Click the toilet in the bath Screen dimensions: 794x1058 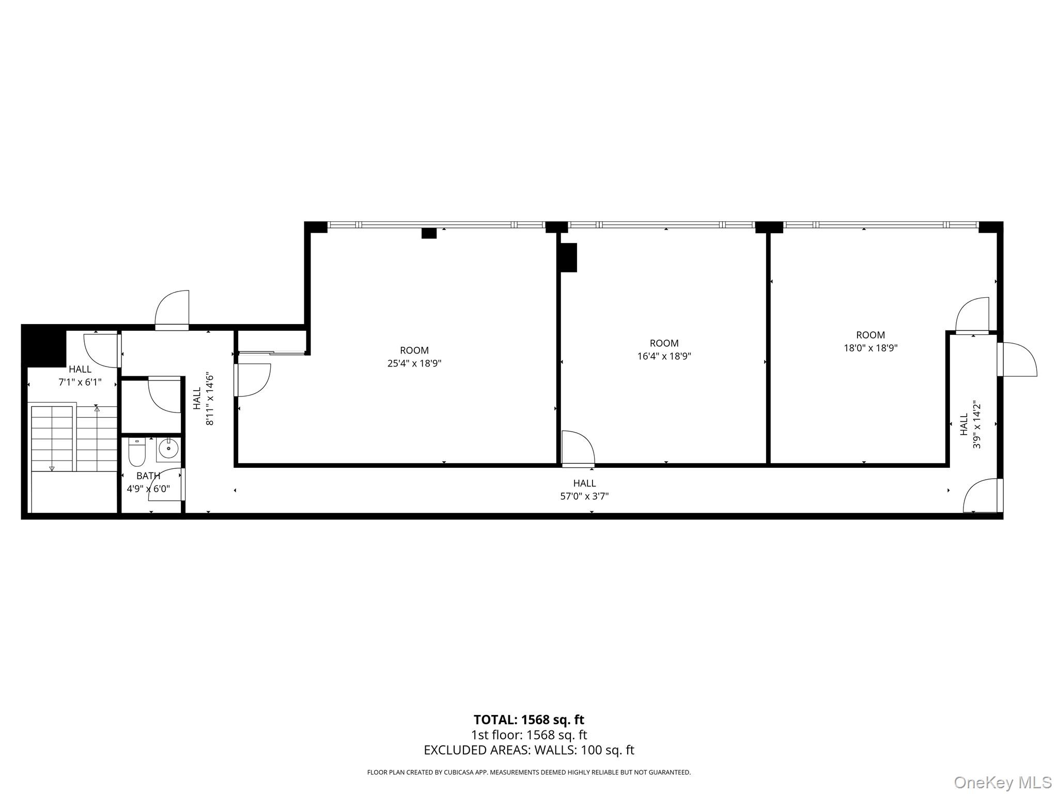point(137,453)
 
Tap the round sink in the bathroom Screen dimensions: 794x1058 point(168,449)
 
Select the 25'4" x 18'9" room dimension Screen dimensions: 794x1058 point(414,363)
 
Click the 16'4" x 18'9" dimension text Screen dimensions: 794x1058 point(664,356)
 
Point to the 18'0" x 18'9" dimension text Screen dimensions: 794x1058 point(870,348)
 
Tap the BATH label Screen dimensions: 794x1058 point(148,476)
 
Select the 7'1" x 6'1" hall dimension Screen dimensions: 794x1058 point(80,383)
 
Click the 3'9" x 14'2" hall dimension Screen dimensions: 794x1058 point(977,424)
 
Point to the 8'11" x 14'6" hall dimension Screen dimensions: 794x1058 point(210,399)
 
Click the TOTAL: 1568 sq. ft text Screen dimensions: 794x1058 point(528,720)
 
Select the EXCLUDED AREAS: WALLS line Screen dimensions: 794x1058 point(528,750)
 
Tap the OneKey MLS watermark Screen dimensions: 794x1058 point(1003,782)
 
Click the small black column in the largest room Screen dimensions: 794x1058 point(429,233)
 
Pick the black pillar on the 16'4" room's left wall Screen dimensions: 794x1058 point(569,257)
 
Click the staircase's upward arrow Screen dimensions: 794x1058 point(97,409)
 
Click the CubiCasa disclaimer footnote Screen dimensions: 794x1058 point(528,772)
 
